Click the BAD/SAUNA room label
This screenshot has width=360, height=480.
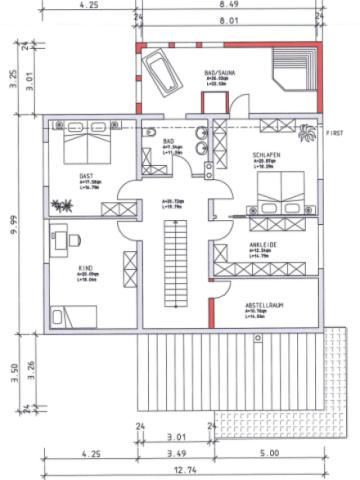217,73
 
